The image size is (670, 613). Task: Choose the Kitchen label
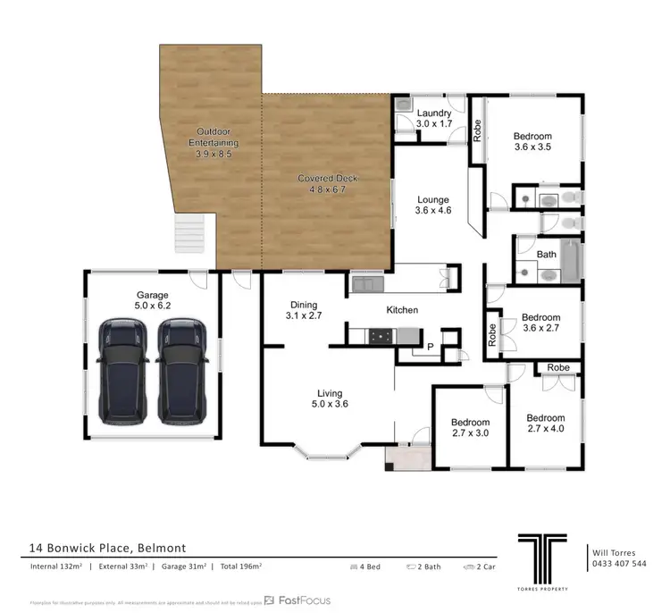coord(402,310)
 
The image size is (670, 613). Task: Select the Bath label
coord(547,255)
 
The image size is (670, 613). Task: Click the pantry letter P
coord(430,347)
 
